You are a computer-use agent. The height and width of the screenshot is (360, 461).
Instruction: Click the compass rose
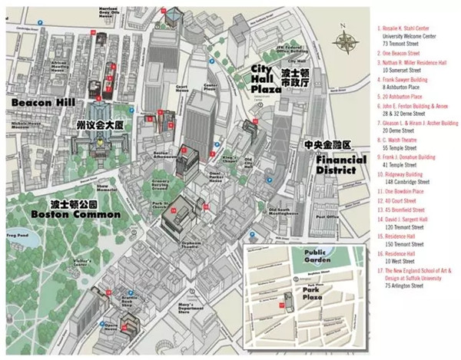pos(347,41)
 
